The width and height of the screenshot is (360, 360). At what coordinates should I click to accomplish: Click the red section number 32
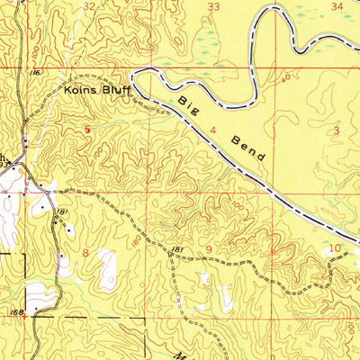pyautogui.click(x=88, y=6)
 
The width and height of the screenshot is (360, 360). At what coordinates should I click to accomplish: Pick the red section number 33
pyautogui.click(x=213, y=6)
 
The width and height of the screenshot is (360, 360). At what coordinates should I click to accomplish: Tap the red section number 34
pyautogui.click(x=337, y=6)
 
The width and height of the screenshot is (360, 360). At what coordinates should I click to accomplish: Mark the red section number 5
pyautogui.click(x=87, y=130)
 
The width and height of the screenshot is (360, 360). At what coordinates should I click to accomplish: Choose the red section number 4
pyautogui.click(x=212, y=130)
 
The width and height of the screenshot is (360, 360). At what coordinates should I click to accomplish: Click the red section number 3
pyautogui.click(x=337, y=130)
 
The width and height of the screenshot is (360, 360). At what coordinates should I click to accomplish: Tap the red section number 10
pyautogui.click(x=334, y=247)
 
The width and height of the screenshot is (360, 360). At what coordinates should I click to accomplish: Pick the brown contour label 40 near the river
pyautogui.click(x=286, y=79)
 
